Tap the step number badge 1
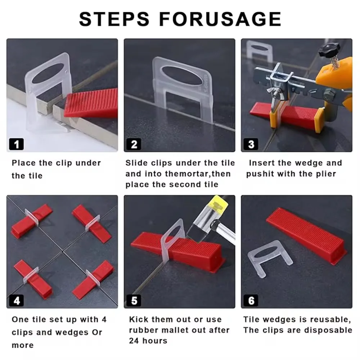tap(16, 144)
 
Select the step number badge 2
tap(134, 144)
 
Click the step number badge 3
tap(251, 144)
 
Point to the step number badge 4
tap(16, 301)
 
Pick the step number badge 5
tap(134, 301)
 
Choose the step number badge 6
tap(251, 301)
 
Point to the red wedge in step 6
tap(306, 237)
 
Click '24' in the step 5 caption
tap(134, 341)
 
